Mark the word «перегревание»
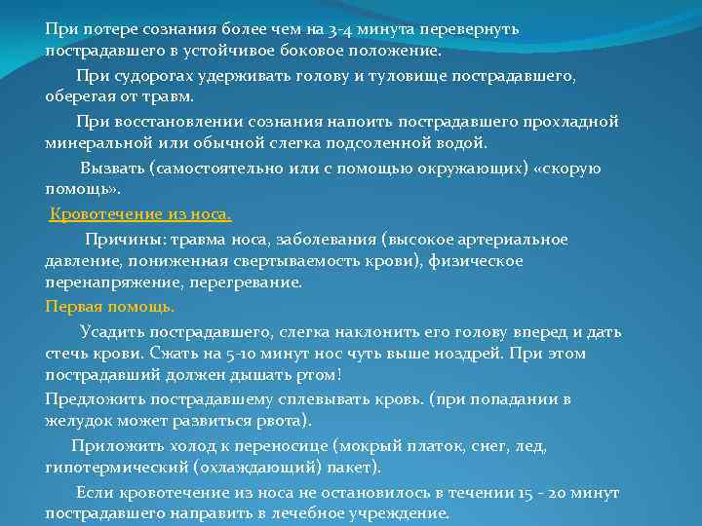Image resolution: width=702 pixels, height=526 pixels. pyautogui.click(x=255, y=282)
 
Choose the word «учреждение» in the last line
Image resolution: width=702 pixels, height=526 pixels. pyautogui.click(x=403, y=513)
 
